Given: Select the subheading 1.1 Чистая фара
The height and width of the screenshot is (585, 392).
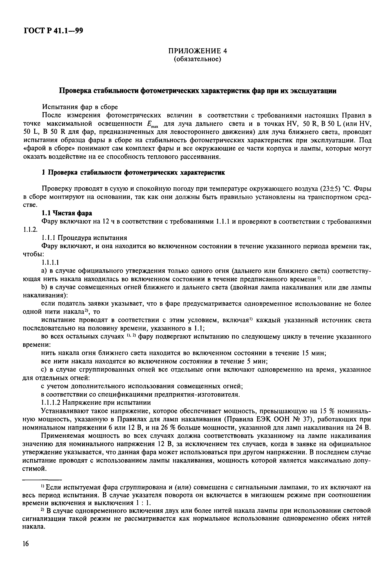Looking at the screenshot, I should tap(67, 213).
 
